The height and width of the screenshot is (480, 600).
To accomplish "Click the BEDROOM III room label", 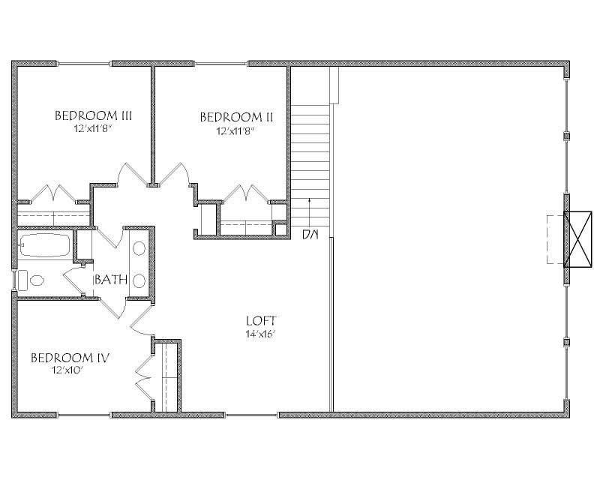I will [x=94, y=115].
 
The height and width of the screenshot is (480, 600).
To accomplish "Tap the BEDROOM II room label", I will [x=235, y=117].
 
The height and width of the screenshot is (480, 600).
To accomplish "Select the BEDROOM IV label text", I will [x=70, y=358].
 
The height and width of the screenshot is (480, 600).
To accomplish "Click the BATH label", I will [x=109, y=280].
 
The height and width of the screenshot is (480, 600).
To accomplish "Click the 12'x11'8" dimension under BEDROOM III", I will [x=94, y=129].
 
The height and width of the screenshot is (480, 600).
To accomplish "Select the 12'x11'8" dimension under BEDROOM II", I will [x=235, y=130].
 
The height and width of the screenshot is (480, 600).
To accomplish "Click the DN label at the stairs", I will [x=310, y=235].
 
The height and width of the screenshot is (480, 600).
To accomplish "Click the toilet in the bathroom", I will [x=31, y=280].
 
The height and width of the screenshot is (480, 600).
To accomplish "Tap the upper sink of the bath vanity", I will [x=139, y=248].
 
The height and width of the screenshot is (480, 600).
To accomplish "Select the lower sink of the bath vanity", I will [x=139, y=280].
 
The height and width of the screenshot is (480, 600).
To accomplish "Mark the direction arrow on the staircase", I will [x=310, y=210].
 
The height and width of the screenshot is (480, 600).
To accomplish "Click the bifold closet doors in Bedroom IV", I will [x=142, y=374].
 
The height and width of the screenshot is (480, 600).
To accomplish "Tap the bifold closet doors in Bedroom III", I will [x=52, y=192].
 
